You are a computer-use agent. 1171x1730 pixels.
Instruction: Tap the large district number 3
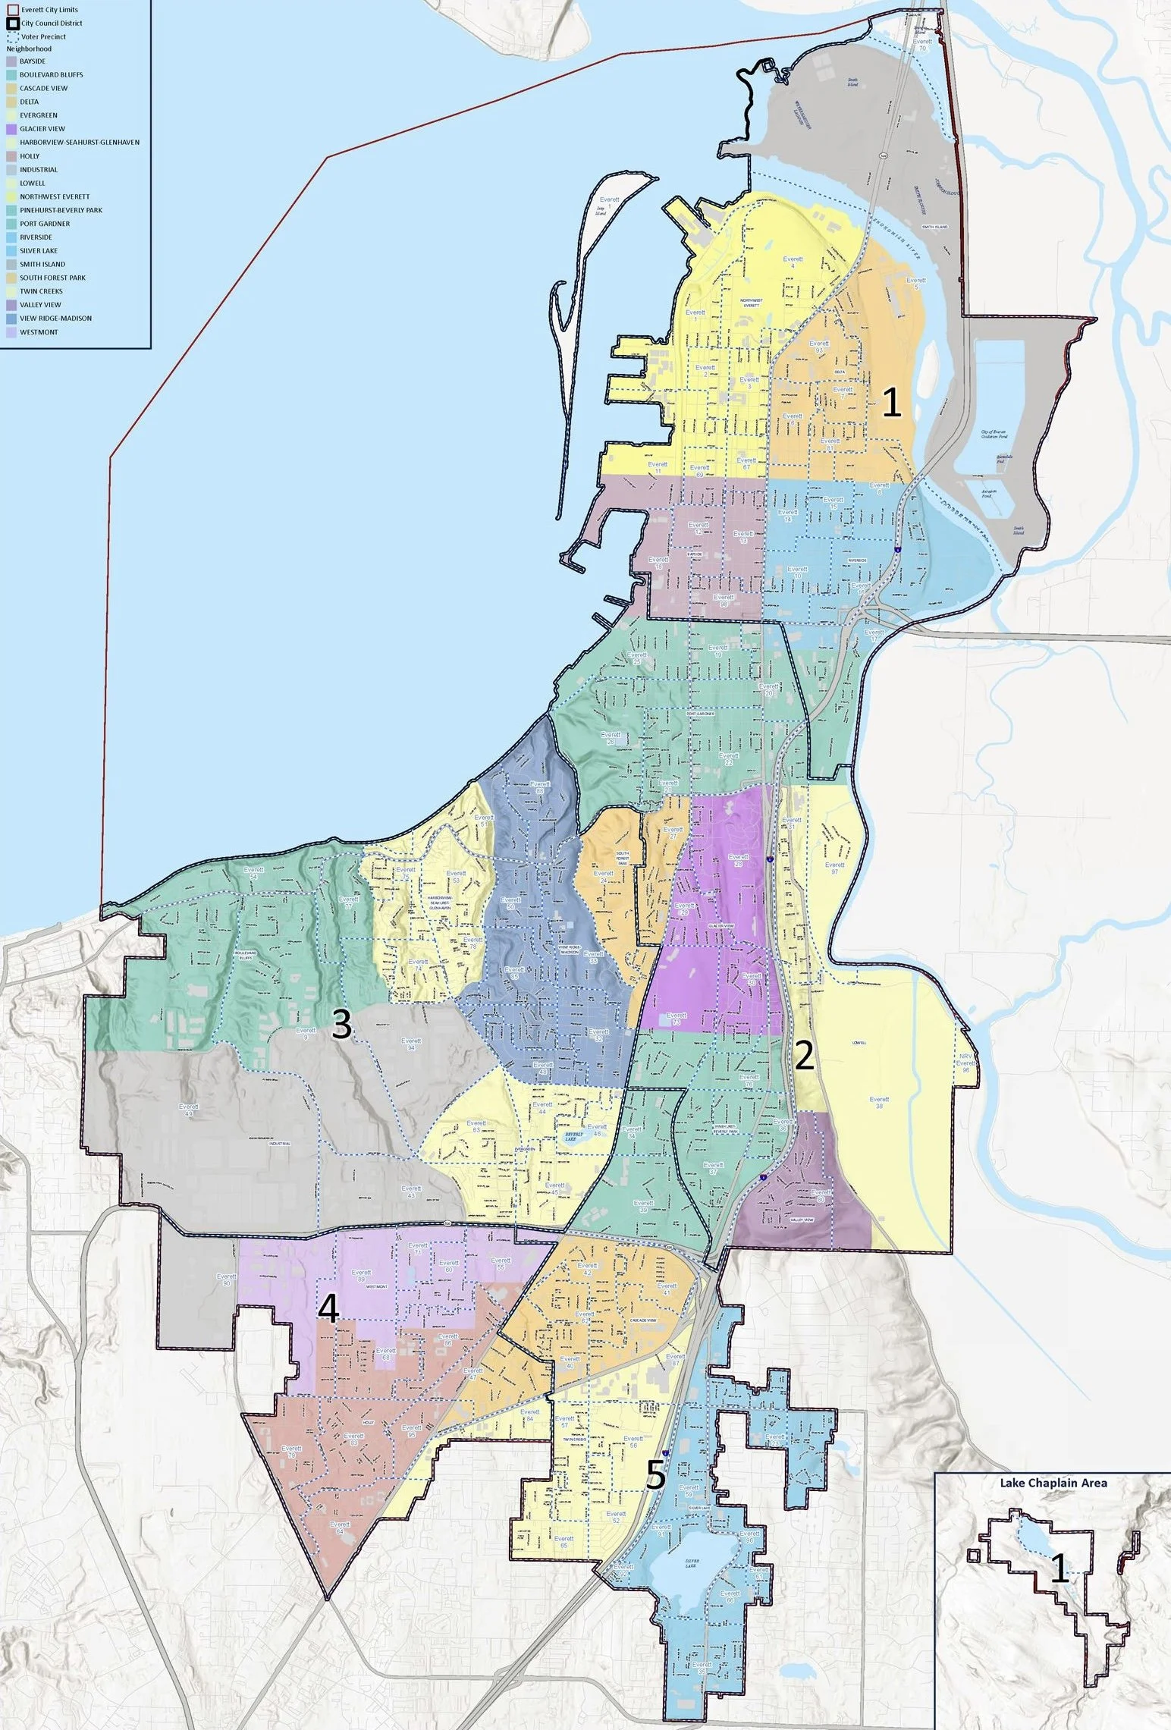pyautogui.click(x=342, y=1025)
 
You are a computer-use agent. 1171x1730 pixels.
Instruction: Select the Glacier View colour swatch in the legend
pyautogui.click(x=11, y=129)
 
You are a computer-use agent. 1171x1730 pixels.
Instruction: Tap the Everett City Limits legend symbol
pyautogui.click(x=11, y=10)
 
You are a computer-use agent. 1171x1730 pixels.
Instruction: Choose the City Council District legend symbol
pyautogui.click(x=11, y=24)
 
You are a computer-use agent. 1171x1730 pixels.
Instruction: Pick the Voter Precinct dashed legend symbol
pyautogui.click(x=11, y=36)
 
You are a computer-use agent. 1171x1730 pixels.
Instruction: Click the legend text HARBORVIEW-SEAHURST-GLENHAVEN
pyautogui.click(x=80, y=143)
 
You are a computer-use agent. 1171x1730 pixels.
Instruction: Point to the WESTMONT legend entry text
pyautogui.click(x=39, y=332)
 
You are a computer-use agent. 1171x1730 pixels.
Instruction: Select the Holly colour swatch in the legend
pyautogui.click(x=11, y=156)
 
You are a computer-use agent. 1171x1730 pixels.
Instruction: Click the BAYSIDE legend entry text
pyautogui.click(x=33, y=61)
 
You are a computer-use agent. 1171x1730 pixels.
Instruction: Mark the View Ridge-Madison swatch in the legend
pyautogui.click(x=11, y=319)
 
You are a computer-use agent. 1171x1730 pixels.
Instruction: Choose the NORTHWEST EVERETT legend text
pyautogui.click(x=55, y=197)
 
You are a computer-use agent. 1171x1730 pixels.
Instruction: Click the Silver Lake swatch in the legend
pyautogui.click(x=11, y=251)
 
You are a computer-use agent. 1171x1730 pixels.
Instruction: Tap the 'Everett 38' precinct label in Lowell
pyautogui.click(x=880, y=1103)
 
